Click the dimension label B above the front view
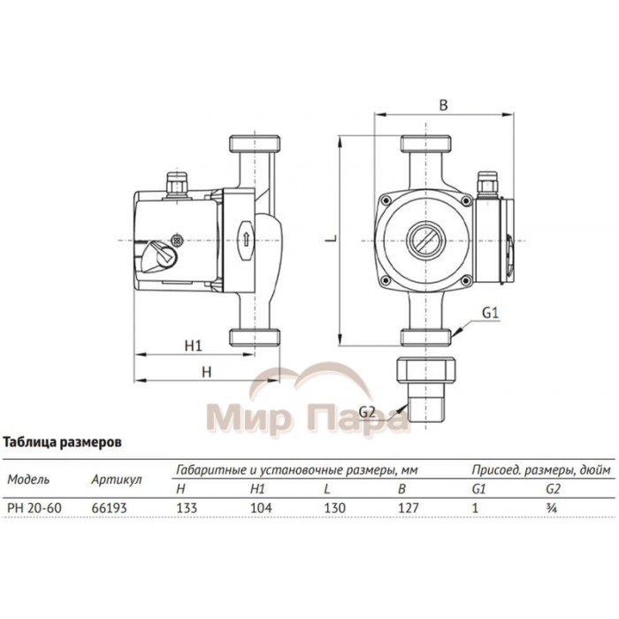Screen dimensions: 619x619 click(444, 104)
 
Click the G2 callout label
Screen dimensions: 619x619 click(369, 412)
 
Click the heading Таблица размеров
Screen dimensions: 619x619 click(61, 440)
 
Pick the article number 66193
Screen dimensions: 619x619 click(107, 508)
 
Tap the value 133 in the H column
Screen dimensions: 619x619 click(187, 508)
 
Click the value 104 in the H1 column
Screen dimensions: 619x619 click(258, 508)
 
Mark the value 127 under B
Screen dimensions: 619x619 click(408, 508)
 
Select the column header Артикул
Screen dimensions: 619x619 click(117, 479)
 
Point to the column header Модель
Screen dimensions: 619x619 click(28, 479)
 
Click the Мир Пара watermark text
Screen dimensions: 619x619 click(308, 416)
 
